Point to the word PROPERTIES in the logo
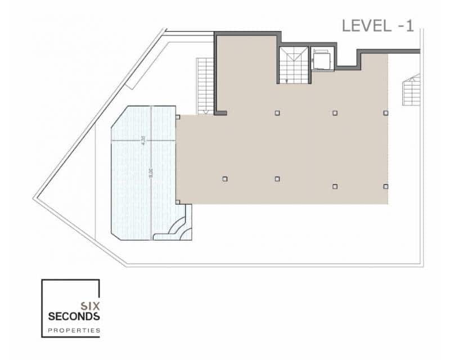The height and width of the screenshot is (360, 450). click(x=74, y=330)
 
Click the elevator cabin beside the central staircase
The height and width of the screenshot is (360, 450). click(x=322, y=60)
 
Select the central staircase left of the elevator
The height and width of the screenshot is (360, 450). click(x=294, y=65)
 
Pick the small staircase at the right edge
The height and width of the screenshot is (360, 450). click(x=412, y=90)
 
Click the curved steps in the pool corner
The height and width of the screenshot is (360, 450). click(x=181, y=226)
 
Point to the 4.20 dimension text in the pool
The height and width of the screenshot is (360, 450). click(x=143, y=141)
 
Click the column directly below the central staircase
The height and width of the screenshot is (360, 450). click(x=277, y=113)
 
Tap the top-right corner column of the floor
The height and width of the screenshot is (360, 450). click(x=386, y=113)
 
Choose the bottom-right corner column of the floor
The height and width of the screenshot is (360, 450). click(x=386, y=186)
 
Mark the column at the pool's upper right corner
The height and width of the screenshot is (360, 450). click(x=178, y=117)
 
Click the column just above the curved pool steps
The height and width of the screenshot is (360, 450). click(x=178, y=202)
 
